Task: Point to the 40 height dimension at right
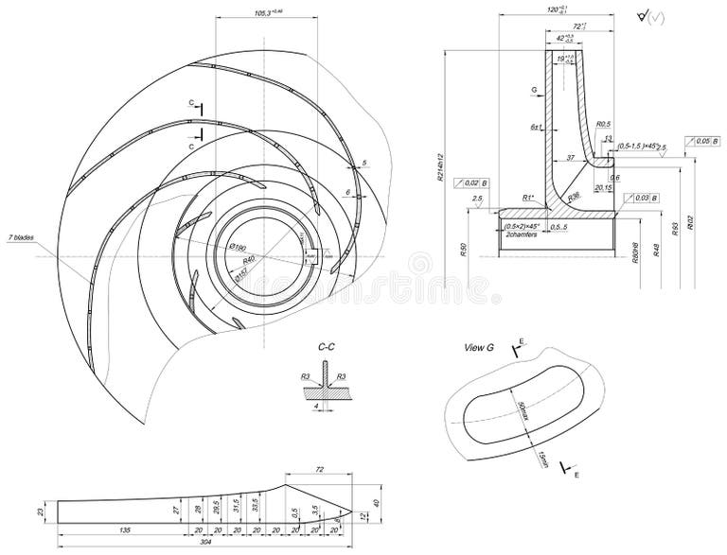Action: (376, 502)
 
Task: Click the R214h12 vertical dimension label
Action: (439, 169)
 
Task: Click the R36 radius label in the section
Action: (574, 196)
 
